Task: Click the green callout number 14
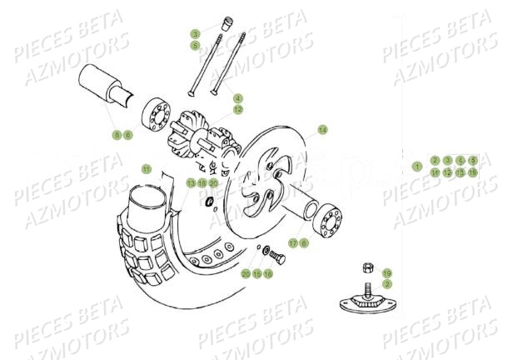[x=322, y=130]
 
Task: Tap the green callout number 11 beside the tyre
[x=146, y=169]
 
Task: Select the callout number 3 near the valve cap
[x=196, y=34]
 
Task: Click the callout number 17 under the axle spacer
[x=293, y=242]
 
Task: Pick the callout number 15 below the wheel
[x=257, y=273]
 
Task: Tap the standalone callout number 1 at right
[x=417, y=166]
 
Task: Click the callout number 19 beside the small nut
[x=386, y=273]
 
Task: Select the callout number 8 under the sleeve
[x=117, y=134]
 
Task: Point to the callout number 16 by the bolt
[x=268, y=273]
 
